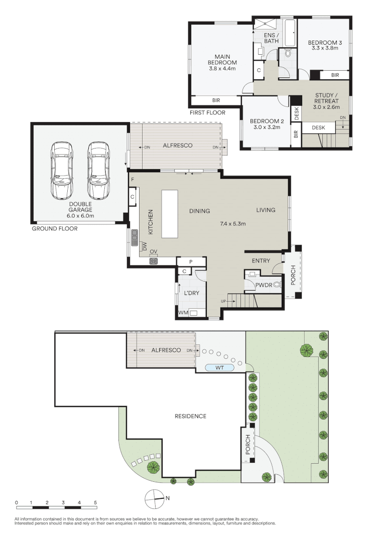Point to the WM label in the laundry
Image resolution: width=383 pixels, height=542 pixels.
184,313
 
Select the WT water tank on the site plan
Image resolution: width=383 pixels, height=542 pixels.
220,367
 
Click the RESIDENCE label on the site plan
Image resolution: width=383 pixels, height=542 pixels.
190,416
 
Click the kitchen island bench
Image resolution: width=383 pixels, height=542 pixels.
170,215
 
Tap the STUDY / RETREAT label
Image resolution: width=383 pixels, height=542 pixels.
326,101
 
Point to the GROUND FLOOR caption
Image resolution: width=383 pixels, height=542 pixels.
55,228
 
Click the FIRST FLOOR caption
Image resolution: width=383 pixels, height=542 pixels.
207,112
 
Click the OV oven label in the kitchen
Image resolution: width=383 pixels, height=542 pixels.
154,251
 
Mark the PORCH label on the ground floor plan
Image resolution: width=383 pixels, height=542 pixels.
294,274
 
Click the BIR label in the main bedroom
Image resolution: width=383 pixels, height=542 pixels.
216,100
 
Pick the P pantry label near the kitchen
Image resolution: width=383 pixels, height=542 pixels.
191,261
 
